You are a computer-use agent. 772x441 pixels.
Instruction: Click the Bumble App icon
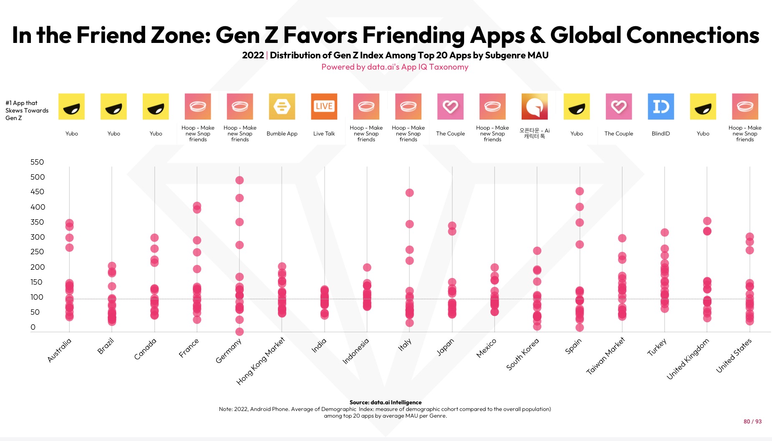[x=282, y=107]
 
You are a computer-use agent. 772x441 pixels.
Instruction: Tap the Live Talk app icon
[x=324, y=107]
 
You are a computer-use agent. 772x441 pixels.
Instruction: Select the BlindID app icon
[x=661, y=107]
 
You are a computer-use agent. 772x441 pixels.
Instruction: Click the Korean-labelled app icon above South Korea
[x=535, y=107]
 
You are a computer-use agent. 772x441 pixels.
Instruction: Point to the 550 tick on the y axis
[x=37, y=162]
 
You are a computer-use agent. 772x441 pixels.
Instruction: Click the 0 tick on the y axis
[x=33, y=327]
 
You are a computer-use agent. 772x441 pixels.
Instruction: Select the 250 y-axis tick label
[x=37, y=252]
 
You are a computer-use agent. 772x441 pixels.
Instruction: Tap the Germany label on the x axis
[x=228, y=351]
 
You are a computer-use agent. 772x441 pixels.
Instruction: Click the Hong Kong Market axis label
[x=260, y=361]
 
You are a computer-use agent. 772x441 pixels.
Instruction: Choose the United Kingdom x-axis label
[x=688, y=359]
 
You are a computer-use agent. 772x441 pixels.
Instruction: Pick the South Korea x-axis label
[x=522, y=354]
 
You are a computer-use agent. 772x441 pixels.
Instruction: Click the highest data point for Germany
[x=240, y=180]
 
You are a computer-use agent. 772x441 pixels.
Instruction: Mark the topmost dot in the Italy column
[x=410, y=193]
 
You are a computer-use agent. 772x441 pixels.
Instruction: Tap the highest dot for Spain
[x=580, y=191]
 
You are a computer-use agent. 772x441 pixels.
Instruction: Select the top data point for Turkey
[x=665, y=233]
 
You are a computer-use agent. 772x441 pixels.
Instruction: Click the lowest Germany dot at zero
[x=240, y=332]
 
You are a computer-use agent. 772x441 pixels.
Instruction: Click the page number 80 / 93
[x=752, y=421]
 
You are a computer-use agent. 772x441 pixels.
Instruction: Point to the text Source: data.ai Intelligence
[x=386, y=402]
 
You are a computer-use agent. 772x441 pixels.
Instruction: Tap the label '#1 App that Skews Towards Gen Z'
[x=27, y=110]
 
